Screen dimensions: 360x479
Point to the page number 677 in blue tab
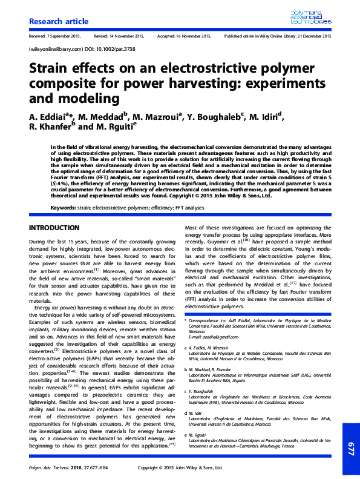pos(350,448)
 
